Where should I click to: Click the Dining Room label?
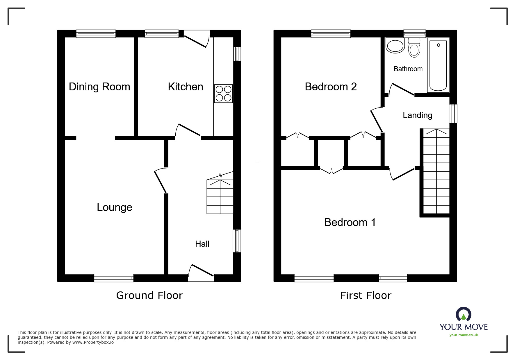(x=99, y=87)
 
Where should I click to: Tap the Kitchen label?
(x=186, y=87)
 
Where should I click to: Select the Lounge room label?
(x=115, y=207)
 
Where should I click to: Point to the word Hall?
(x=202, y=244)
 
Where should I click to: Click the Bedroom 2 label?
(x=331, y=87)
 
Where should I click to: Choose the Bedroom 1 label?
(x=350, y=222)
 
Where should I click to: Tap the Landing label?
(x=417, y=115)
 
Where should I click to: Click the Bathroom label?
(x=408, y=69)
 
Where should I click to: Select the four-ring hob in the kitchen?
(x=223, y=94)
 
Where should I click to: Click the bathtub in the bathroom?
(x=438, y=65)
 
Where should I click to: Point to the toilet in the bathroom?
(x=414, y=47)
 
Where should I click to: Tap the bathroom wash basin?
(x=395, y=46)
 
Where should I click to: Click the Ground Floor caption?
(x=149, y=295)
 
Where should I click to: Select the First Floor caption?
(x=366, y=295)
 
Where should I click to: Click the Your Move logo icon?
(x=464, y=314)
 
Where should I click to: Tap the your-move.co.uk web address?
(x=464, y=335)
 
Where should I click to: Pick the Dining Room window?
(x=96, y=34)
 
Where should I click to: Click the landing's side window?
(x=453, y=114)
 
